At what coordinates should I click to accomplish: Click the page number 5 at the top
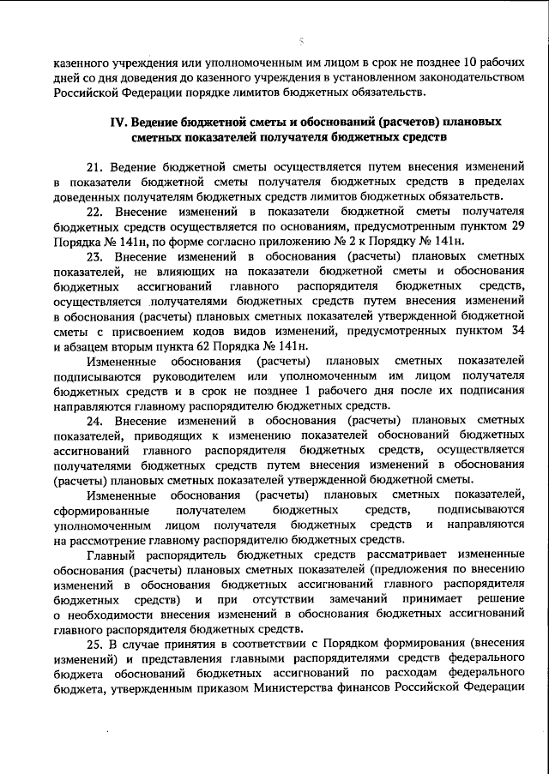(300, 39)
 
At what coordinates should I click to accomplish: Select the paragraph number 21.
(94, 166)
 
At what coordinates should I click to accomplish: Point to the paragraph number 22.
(94, 211)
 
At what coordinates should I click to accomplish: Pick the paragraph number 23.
(94, 255)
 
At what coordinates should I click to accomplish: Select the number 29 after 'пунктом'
(516, 225)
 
